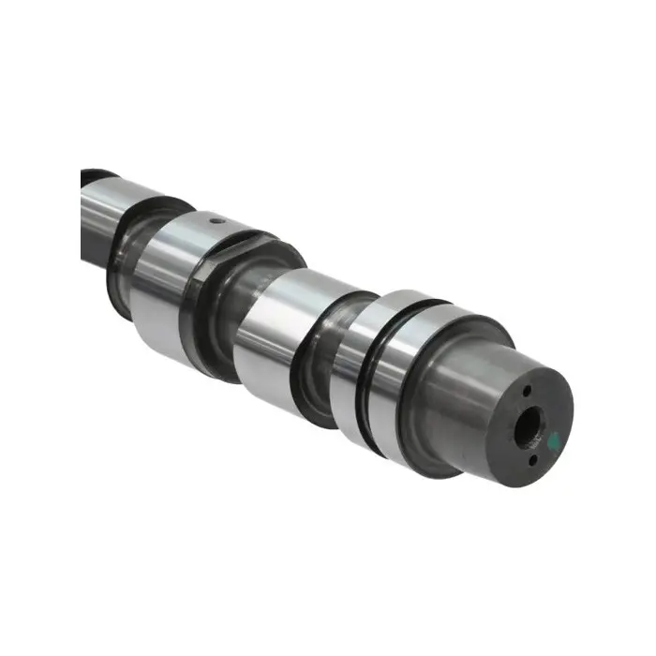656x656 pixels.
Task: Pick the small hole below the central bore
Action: pos(532,459)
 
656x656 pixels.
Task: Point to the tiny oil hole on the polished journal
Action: pos(216,221)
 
